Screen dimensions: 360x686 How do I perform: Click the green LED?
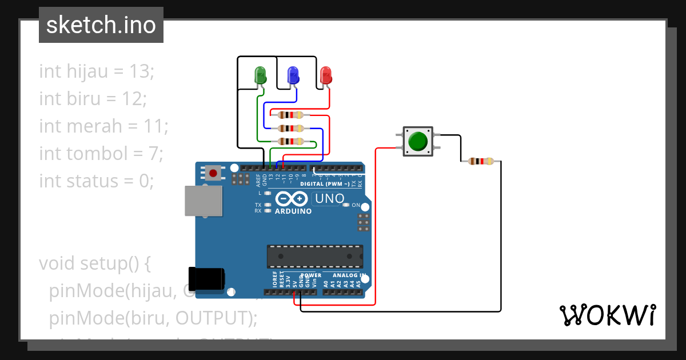coord(260,75)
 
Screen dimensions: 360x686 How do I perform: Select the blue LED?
coord(293,75)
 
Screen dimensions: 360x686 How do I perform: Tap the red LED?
coord(326,75)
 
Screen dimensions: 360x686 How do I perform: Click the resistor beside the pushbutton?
coord(481,161)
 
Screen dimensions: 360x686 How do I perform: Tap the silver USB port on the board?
coord(203,201)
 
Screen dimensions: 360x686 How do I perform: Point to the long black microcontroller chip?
coord(315,257)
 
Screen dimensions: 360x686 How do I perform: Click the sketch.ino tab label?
coord(101,25)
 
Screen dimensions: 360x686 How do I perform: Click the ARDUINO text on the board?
coord(293,211)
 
